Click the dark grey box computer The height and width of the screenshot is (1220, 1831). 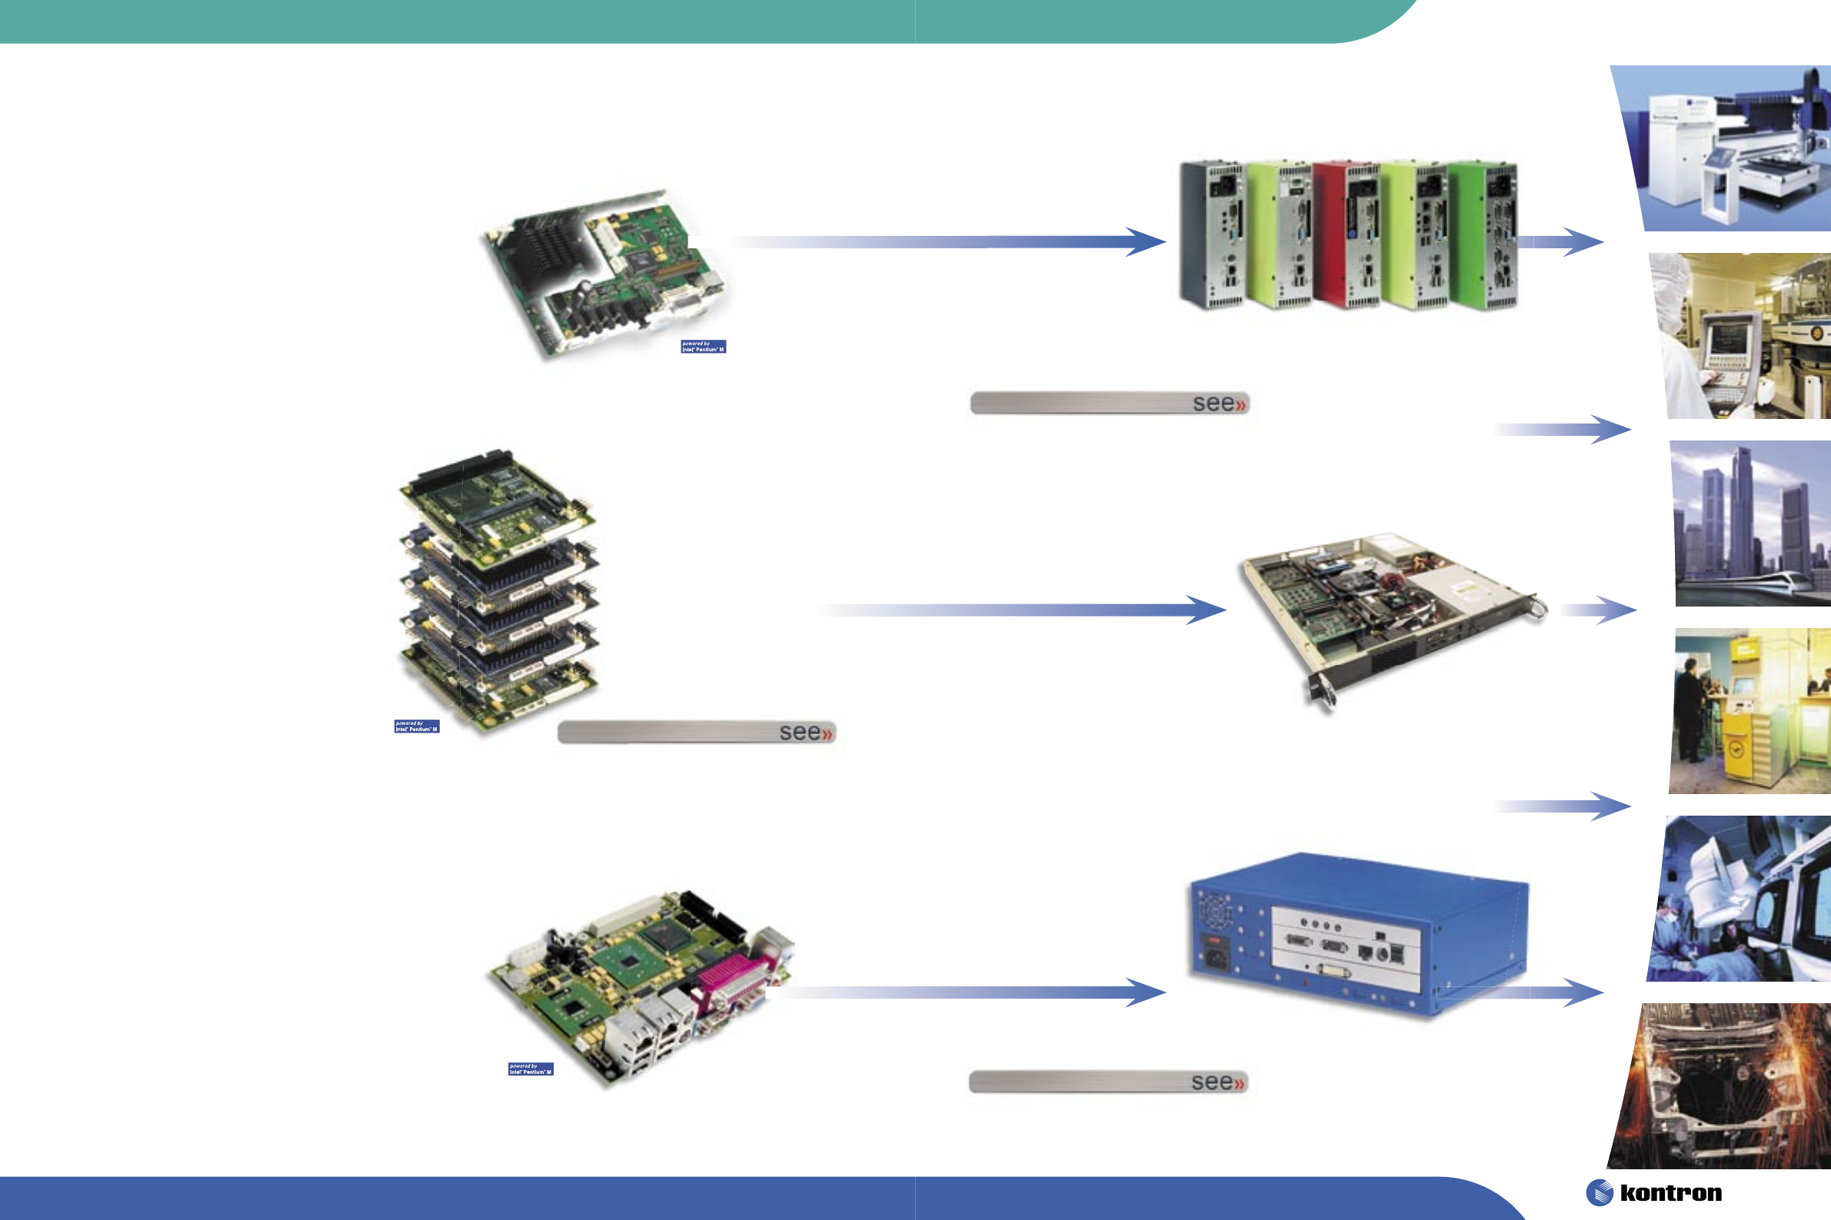[1211, 236]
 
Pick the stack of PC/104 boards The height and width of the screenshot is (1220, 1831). [499, 591]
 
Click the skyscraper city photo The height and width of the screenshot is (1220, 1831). [1751, 524]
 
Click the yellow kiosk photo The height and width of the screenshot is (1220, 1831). [1751, 710]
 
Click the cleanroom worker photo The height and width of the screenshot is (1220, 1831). [1743, 336]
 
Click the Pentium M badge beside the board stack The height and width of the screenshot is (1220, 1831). [416, 726]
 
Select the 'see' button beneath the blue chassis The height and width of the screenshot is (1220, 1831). [1108, 1082]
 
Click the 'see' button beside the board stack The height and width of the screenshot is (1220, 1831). [697, 732]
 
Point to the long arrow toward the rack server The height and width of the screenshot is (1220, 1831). [1020, 610]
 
